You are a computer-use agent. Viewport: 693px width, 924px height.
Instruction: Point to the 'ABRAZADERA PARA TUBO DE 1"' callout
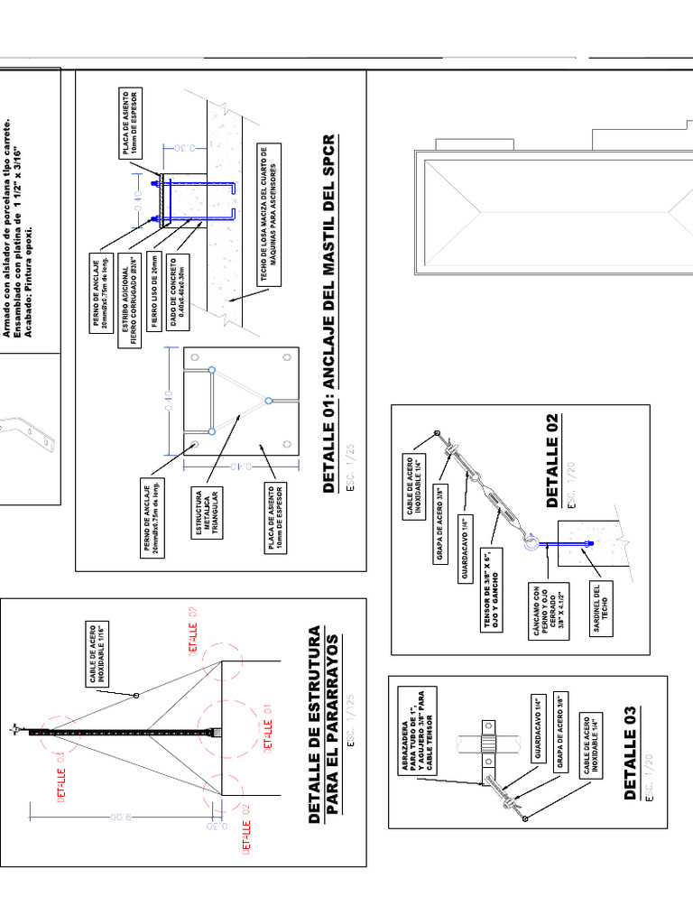416,729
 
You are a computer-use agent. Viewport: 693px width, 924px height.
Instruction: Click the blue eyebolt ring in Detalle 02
532,542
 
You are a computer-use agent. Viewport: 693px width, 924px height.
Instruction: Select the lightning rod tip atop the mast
14,729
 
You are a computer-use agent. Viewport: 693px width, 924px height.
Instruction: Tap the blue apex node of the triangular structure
268,400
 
